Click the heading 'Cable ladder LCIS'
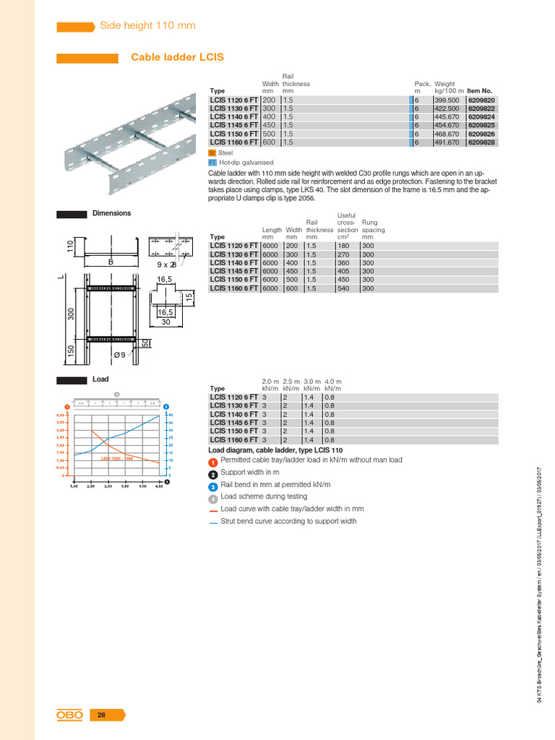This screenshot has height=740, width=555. point(177,56)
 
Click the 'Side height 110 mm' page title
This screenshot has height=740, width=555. point(147,25)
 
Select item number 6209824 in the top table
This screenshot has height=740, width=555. point(481,116)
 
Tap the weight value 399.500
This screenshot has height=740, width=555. point(447,99)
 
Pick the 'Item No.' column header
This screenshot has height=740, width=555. point(480,91)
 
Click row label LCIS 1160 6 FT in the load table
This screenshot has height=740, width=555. point(233,439)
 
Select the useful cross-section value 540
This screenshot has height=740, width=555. point(345,288)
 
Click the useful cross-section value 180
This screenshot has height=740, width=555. point(345,246)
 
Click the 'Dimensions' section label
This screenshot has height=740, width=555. point(111,213)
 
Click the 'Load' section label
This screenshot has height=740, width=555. point(100,379)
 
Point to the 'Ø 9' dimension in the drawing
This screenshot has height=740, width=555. point(121,354)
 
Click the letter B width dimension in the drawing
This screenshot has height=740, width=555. point(111,263)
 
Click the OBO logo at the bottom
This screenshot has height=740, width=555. point(70,715)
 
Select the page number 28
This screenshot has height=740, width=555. point(102,715)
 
